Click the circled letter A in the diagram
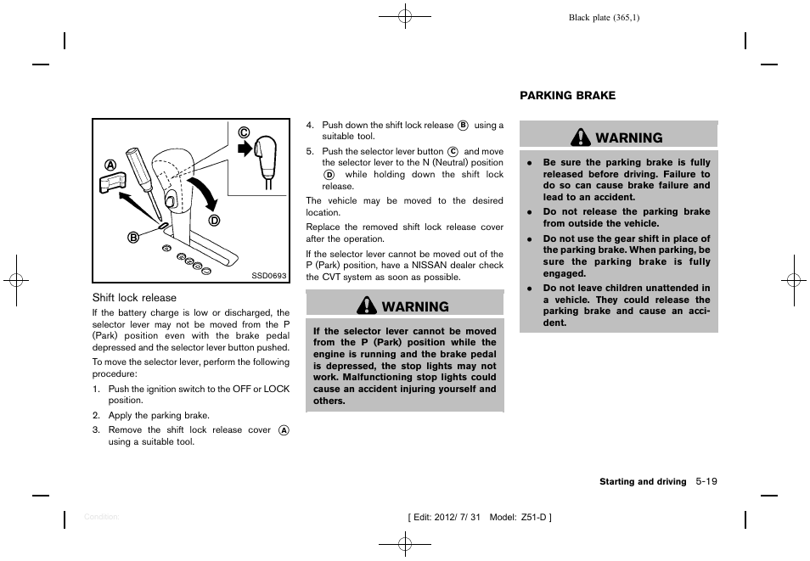point(110,165)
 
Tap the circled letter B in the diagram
point(133,237)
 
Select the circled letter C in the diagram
point(243,132)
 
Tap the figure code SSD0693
point(269,275)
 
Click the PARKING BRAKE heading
point(567,96)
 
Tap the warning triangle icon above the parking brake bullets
point(582,137)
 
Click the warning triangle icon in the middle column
point(368,306)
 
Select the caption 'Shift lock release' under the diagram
point(134,298)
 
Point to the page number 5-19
point(705,481)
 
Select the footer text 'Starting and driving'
point(643,482)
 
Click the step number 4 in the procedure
point(310,126)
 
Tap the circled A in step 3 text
point(284,430)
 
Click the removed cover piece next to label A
point(113,184)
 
